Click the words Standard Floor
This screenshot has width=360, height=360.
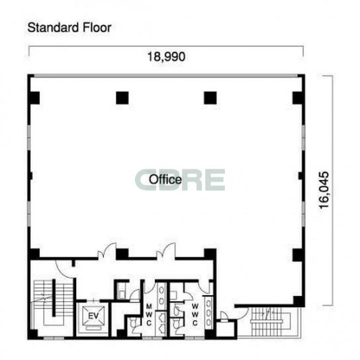click(69, 28)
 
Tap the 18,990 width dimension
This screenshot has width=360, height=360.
click(166, 57)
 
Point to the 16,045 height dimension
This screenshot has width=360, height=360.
click(324, 190)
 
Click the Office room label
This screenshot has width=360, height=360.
click(165, 179)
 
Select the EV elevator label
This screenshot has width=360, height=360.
click(93, 316)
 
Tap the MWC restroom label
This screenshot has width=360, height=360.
click(149, 314)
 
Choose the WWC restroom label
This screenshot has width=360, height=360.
click(195, 314)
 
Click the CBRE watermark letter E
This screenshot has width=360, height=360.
click(215, 179)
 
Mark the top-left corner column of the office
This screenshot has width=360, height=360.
click(34, 98)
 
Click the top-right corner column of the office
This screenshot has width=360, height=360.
click(298, 98)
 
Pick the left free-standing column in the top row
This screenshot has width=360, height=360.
click(122, 98)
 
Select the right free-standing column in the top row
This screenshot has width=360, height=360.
click(210, 98)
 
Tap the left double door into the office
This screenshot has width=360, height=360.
click(107, 251)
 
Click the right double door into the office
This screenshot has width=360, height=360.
click(165, 251)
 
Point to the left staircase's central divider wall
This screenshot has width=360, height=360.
click(54, 298)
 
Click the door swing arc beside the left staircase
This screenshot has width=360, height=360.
click(62, 271)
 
